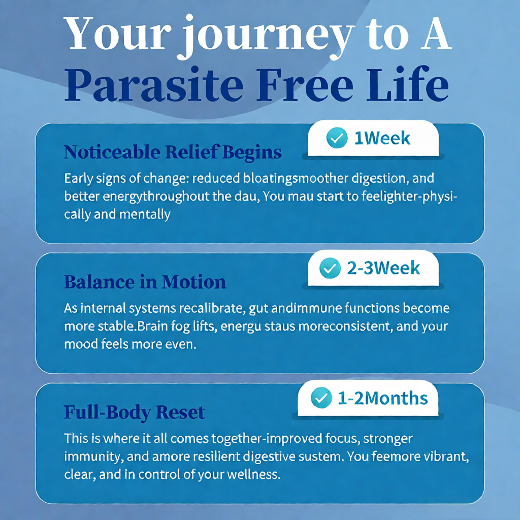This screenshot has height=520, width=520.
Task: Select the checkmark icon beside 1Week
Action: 337,138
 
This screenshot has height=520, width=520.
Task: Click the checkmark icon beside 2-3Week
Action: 330,268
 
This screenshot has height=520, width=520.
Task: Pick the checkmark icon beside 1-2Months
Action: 321,398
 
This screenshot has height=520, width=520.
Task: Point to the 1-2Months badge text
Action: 383,398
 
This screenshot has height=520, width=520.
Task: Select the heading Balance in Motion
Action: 145,282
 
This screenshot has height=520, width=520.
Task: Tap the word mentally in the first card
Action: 145,215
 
